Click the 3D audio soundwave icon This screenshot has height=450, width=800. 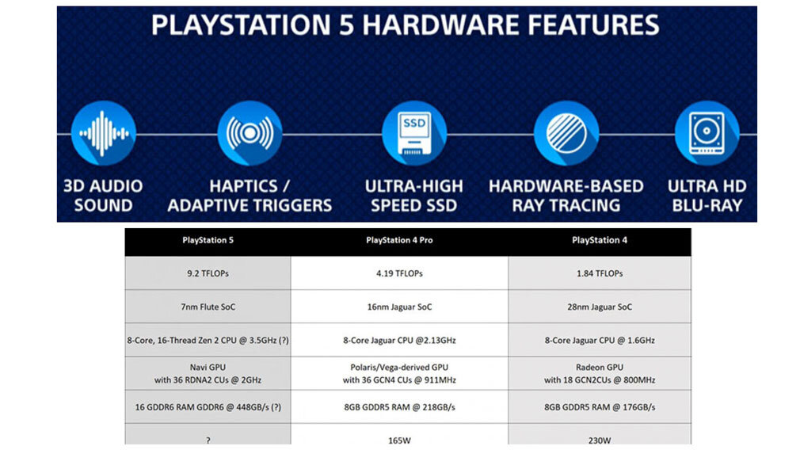tap(103, 133)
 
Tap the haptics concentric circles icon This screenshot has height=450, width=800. tap(250, 133)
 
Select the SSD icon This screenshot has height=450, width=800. tap(414, 133)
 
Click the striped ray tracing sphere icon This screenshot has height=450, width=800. tap(566, 133)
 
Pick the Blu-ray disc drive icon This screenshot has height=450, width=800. tap(707, 133)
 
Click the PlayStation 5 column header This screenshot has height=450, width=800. tap(208, 240)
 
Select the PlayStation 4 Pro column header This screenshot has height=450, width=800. tap(399, 240)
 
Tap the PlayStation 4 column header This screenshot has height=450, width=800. tap(599, 240)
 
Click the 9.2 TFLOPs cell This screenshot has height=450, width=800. tap(208, 273)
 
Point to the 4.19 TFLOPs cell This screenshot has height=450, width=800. tap(399, 273)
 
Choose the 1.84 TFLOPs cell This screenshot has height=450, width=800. tap(599, 273)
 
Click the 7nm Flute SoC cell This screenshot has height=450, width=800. tap(208, 307)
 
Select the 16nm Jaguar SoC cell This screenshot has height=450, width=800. tap(399, 307)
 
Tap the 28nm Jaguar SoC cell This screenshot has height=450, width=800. tap(599, 307)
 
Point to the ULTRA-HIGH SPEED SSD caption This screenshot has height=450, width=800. tap(414, 196)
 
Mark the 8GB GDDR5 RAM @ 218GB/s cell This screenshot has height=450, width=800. tap(399, 406)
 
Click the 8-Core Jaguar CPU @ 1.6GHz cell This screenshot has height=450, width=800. tap(599, 340)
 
